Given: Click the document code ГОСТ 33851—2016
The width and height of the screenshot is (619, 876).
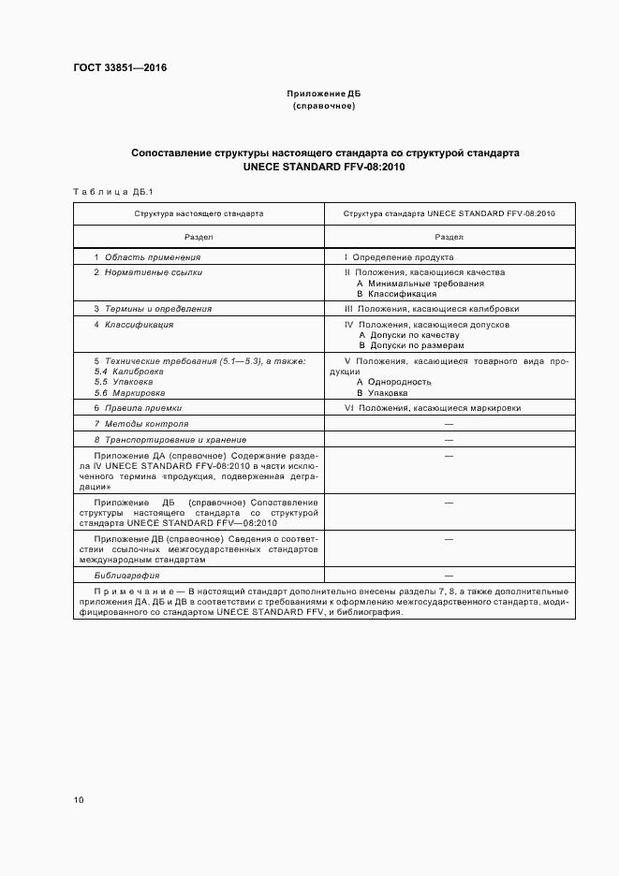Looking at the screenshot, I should pos(113,68).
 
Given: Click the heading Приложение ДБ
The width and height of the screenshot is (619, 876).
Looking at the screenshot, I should pos(324,95).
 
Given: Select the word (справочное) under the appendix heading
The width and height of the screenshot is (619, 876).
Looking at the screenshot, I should pos(324,106).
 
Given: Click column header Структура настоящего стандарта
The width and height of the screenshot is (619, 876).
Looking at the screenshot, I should pos(199,213).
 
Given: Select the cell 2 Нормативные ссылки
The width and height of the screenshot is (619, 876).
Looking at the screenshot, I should pos(147,272).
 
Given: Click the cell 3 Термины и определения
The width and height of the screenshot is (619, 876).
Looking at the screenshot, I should pos(152,308).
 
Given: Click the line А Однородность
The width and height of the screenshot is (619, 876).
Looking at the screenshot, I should pos(393,382).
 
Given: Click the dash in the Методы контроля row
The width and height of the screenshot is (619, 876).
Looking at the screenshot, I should pos(449,424).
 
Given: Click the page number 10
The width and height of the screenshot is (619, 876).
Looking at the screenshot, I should pos(78,800).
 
